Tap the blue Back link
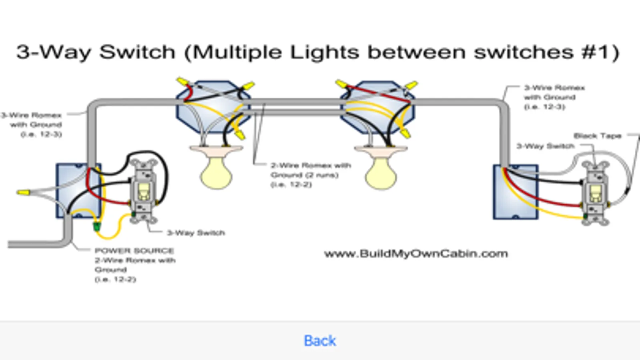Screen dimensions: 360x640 pos(320,341)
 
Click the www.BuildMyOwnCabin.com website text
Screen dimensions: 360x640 pos(416,254)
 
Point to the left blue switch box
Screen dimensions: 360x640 pos(78,190)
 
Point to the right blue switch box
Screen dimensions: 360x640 pos(516,192)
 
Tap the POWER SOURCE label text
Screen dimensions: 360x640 pos(134,251)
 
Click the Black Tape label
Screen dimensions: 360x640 pos(597,136)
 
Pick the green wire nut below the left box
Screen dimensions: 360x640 pos(96,227)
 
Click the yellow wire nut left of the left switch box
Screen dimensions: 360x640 pos(23,192)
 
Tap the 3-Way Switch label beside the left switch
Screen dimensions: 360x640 pos(196,233)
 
